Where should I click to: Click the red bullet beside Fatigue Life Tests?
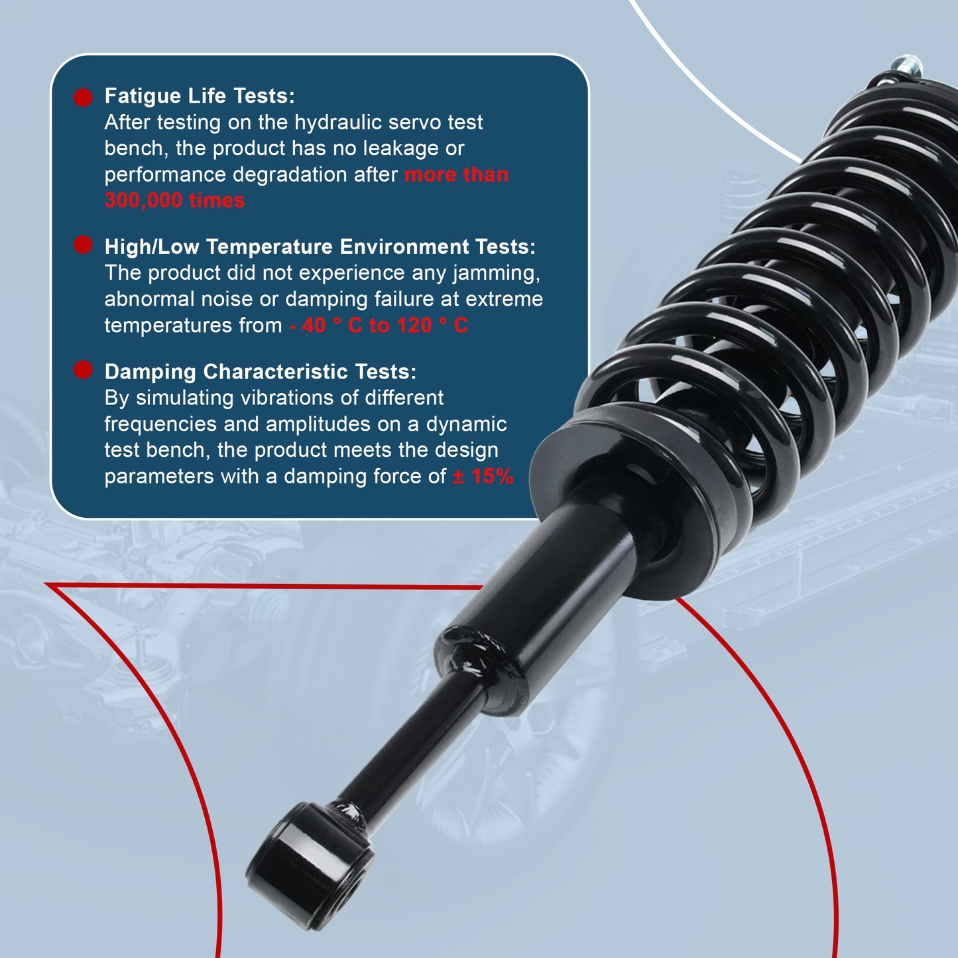pos(84,97)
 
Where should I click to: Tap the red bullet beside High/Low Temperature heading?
pos(84,245)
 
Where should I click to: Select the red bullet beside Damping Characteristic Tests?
pos(84,370)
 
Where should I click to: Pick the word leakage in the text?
pos(405,148)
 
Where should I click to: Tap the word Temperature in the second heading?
pos(269,247)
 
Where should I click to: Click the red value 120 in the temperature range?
pos(414,326)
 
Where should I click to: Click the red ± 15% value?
pos(483,476)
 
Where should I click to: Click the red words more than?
pos(456,174)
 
